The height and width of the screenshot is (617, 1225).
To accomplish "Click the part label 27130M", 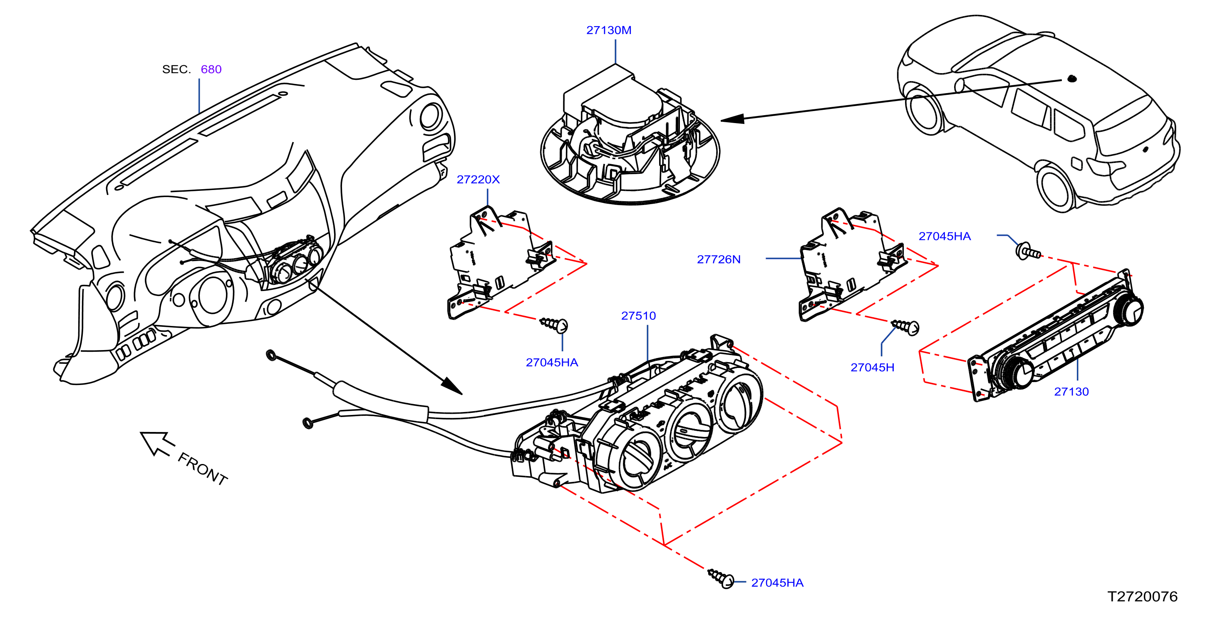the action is pos(609,30).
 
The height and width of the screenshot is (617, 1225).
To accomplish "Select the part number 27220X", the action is pos(478,179).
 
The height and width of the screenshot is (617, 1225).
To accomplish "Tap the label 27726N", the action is pos(719,259).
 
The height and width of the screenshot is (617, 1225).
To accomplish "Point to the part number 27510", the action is pos(638,316).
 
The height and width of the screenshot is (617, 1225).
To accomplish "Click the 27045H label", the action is pos(872,368).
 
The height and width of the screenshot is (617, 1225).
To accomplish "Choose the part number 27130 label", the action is pos(1071,392).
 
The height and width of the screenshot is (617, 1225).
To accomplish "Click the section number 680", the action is pos(211,69).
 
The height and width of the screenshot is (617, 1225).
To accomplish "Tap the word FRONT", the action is pos(203,469).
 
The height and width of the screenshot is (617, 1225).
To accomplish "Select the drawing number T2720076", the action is pos(1142,597).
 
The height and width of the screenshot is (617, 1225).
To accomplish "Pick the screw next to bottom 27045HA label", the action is pos(721,578).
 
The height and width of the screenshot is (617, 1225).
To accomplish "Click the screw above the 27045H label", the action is pos(905,326).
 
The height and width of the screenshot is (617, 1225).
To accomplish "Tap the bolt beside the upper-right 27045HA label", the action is pos(1028,251).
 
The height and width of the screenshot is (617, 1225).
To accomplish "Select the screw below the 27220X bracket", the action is pos(554,325).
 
